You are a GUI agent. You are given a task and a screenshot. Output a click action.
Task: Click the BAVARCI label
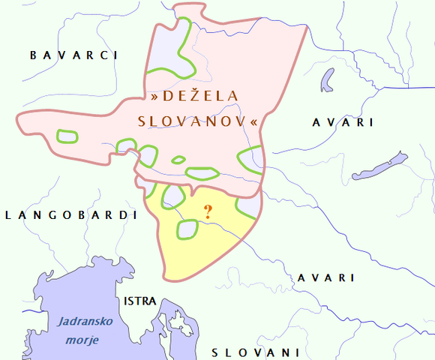coord(74,55)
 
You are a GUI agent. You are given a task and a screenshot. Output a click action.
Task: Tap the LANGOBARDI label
coord(71,215)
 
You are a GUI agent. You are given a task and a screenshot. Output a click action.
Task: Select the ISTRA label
coord(140,301)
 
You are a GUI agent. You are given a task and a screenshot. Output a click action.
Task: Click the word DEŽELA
coord(195,97)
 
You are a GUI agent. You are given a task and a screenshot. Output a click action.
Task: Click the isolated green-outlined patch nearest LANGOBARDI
coord(67,136)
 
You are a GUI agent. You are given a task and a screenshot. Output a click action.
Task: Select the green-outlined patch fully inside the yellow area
coord(187,229)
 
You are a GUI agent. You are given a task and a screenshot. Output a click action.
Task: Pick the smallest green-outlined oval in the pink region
coord(178,160)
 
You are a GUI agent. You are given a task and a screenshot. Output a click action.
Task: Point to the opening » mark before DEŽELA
coord(154,97)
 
